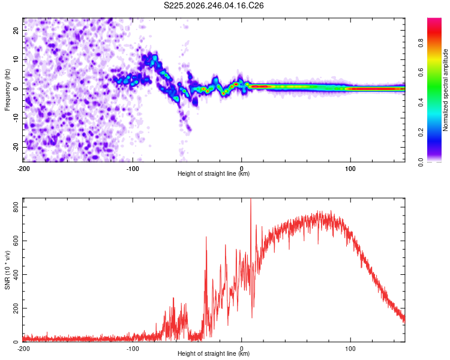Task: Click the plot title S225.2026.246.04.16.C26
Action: (214, 5)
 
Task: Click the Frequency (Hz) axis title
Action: (7, 90)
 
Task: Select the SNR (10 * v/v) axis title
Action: (7, 270)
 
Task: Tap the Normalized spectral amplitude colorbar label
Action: (445, 90)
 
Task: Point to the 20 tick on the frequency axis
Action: (16, 30)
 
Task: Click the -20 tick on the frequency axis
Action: (16, 147)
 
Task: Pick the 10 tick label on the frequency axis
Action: (16, 59)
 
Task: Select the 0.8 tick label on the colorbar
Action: (421, 43)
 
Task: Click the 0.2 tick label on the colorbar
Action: (421, 133)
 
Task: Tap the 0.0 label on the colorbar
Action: (421, 162)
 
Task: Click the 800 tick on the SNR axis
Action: (16, 207)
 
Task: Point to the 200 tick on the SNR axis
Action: (16, 308)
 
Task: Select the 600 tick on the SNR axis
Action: (16, 241)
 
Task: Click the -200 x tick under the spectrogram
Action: (23, 169)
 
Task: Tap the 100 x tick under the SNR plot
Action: (350, 349)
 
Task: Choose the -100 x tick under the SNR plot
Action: (133, 349)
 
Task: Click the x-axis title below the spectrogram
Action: (214, 173)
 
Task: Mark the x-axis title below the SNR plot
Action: (214, 353)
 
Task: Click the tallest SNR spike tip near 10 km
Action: (251, 199)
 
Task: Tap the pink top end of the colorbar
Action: (434, 19)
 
